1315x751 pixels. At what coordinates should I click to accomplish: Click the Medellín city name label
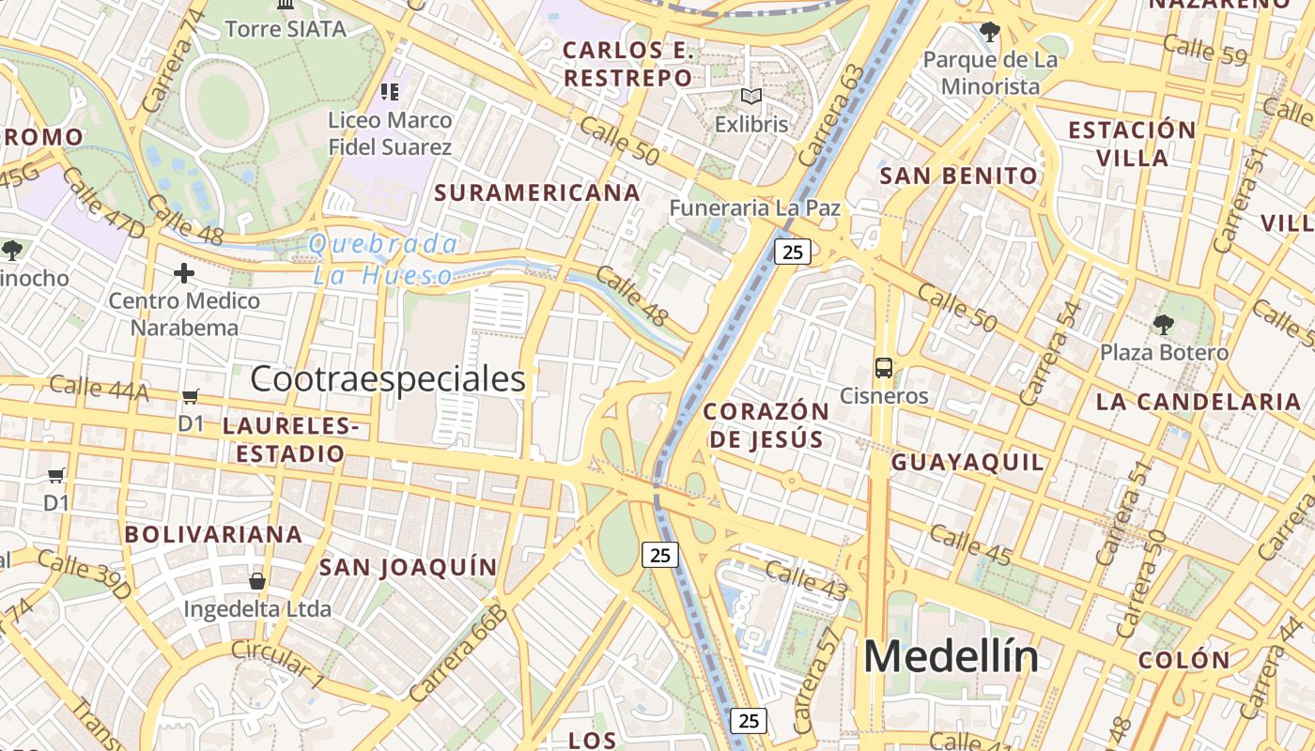(x=951, y=656)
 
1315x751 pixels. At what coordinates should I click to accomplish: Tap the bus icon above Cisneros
(x=884, y=367)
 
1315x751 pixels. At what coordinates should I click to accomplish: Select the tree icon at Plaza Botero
(x=1164, y=325)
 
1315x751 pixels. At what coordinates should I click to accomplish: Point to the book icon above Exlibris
(x=750, y=96)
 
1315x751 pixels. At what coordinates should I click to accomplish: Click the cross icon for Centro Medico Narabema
(x=184, y=273)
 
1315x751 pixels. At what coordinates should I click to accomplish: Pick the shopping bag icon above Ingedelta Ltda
(x=256, y=580)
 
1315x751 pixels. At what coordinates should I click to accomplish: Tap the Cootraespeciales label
(x=387, y=378)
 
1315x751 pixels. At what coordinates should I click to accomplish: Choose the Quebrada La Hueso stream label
(x=383, y=260)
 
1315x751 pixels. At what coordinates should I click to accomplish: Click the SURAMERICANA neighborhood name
(x=537, y=192)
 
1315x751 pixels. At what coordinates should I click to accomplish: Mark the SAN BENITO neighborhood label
(x=958, y=176)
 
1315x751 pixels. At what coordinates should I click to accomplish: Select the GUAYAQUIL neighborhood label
(x=967, y=462)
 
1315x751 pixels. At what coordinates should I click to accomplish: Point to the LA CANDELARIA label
(x=1198, y=402)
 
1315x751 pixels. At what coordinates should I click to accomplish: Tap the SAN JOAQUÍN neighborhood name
(x=408, y=567)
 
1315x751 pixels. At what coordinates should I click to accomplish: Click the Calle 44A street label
(x=99, y=387)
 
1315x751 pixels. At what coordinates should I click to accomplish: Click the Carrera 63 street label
(x=831, y=115)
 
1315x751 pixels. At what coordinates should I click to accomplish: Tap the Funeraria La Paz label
(x=754, y=207)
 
